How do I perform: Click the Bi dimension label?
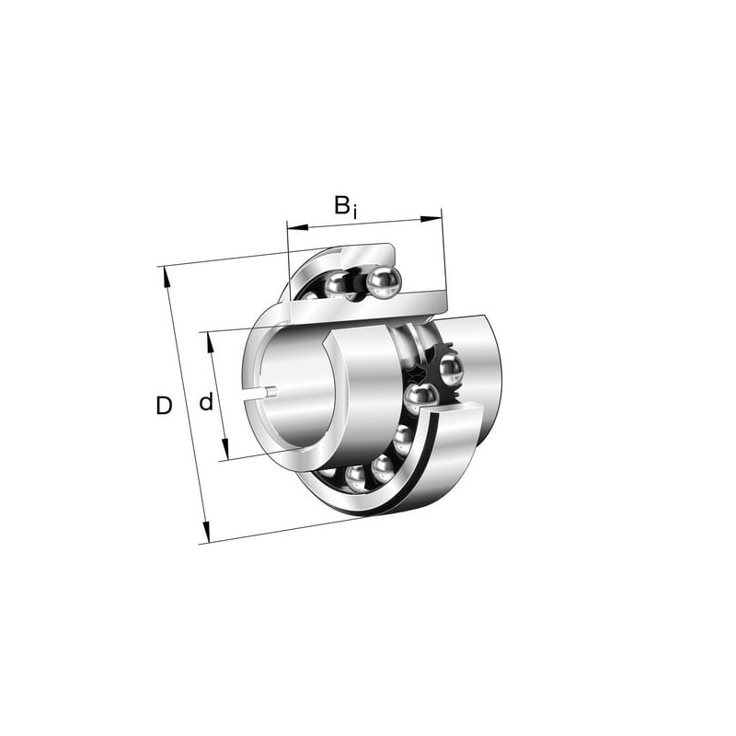coord(346,207)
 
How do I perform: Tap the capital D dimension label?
coord(164,406)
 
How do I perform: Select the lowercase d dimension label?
coord(206,402)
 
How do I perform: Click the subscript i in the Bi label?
coord(355,213)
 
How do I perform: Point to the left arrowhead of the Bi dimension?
coord(297,227)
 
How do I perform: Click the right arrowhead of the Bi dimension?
coord(431,218)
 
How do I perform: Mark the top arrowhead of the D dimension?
coord(167,278)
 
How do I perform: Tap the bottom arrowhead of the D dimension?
coord(205,532)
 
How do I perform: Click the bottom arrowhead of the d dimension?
coord(225,449)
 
